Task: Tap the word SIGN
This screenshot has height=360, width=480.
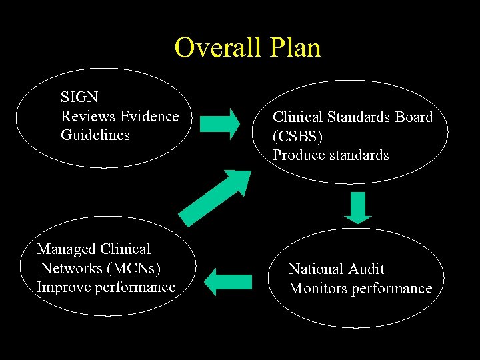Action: [x=79, y=97]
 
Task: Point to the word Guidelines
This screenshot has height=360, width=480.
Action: [x=95, y=135]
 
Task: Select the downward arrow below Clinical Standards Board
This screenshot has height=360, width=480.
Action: [x=359, y=207]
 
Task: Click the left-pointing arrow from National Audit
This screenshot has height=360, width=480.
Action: [x=228, y=281]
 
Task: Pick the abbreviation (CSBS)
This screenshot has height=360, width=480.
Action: [x=297, y=136]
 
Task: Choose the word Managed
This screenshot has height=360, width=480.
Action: [x=65, y=249]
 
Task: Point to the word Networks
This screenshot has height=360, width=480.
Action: [x=67, y=268]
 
